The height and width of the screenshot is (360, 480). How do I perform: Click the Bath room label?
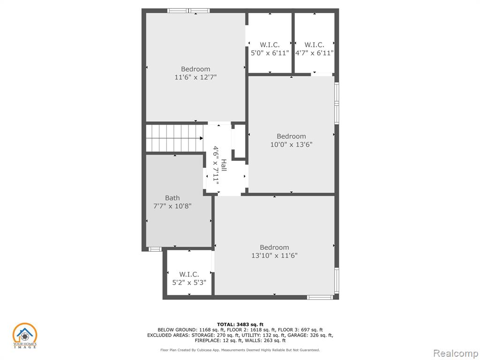coord(172,198)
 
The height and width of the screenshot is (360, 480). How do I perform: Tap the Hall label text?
coord(224,165)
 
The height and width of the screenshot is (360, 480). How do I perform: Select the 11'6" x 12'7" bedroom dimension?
coord(195,77)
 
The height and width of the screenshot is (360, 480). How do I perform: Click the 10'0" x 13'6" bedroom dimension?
coord(291,144)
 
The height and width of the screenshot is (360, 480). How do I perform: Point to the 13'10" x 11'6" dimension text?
coord(275,255)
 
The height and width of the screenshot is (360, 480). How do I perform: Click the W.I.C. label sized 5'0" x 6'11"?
coord(270,45)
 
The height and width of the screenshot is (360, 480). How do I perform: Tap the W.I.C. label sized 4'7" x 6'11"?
coord(315,45)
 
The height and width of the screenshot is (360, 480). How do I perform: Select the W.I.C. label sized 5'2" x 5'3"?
coord(189,274)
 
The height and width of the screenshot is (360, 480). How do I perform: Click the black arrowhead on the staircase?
coord(201,138)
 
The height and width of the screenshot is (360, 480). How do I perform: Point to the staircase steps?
coord(174,138)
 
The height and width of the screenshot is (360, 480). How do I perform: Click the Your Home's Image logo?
coord(24,336)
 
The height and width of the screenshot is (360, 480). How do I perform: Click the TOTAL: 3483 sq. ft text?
coord(240,324)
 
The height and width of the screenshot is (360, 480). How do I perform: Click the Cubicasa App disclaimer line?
coord(240,350)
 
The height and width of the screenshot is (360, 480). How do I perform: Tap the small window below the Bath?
coord(155,249)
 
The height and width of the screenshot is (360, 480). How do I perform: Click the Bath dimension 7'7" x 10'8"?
coord(172,206)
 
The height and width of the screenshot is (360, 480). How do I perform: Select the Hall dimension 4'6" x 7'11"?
coord(217,165)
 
